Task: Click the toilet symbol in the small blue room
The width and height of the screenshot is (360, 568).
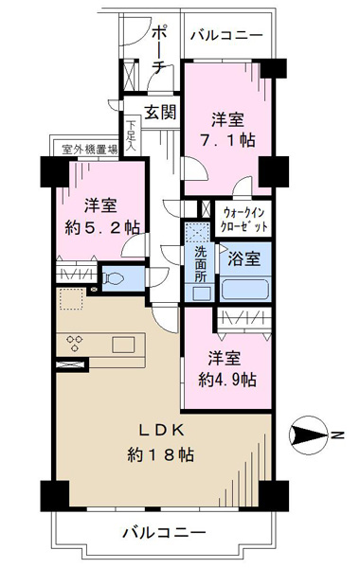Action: point(114,278)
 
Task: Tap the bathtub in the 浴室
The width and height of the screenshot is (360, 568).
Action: point(245,289)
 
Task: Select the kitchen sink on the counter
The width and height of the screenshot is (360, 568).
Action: point(123,345)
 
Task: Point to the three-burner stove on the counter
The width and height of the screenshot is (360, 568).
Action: point(75,343)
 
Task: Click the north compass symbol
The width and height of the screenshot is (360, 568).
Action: point(308,435)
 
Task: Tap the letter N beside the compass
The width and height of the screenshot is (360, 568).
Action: point(337,435)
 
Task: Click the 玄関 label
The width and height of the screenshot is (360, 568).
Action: point(161,113)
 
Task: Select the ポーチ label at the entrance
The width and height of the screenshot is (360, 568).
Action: point(160,50)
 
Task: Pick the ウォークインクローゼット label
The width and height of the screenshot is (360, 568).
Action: point(243,220)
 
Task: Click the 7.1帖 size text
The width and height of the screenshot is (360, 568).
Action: point(228,140)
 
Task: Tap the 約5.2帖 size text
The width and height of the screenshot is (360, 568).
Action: point(102,228)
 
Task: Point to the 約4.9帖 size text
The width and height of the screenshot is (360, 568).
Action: point(227,380)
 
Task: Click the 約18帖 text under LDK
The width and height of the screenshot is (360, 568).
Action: point(160,455)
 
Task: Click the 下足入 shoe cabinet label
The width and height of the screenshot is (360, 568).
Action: point(131,136)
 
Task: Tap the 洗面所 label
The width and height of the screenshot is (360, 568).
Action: point(201,264)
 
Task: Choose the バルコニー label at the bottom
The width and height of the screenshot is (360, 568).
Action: point(164,532)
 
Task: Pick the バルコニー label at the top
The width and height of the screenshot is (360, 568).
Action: point(226,36)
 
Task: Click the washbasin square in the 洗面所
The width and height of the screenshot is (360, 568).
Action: point(200,293)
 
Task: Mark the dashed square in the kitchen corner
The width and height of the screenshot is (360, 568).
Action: point(71,299)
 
